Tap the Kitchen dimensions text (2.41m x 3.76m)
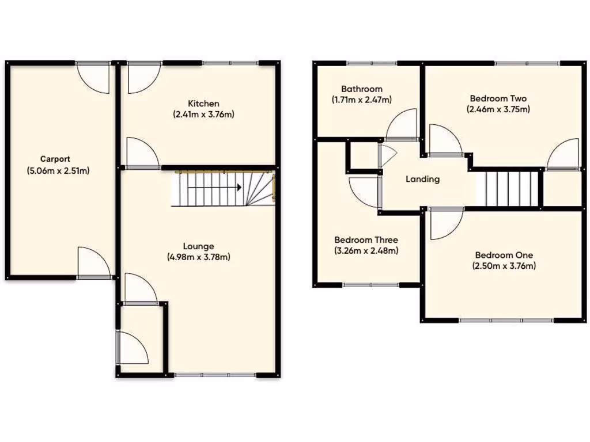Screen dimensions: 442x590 tap(204, 114)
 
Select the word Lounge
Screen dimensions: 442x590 tap(199, 246)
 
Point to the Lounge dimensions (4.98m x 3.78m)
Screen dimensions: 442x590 tap(199, 257)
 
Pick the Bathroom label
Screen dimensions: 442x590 tap(361, 89)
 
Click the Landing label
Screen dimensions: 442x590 tap(422, 179)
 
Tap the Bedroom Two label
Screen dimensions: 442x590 tap(498, 98)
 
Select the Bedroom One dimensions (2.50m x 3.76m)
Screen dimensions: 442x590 tap(504, 266)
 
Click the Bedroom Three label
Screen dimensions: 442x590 tap(366, 240)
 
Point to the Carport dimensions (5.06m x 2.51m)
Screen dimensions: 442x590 tap(57, 170)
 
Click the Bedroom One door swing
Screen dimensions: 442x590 tap(445, 223)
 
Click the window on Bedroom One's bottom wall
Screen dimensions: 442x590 tap(506, 320)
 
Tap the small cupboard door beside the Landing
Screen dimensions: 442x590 tap(387, 155)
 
